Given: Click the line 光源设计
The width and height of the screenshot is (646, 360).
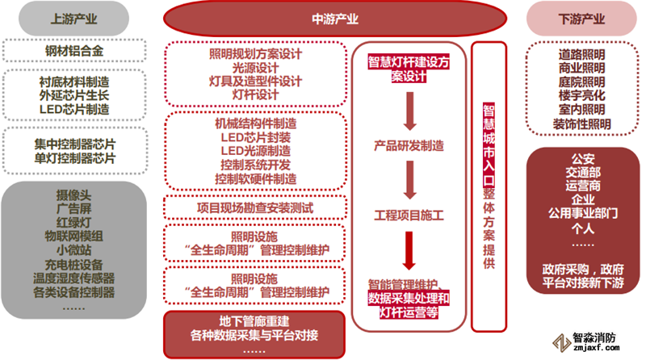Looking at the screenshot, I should point(254,69).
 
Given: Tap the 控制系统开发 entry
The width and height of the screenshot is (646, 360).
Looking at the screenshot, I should point(254,165).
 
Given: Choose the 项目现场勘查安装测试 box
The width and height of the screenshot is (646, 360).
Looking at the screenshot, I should point(254,207).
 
